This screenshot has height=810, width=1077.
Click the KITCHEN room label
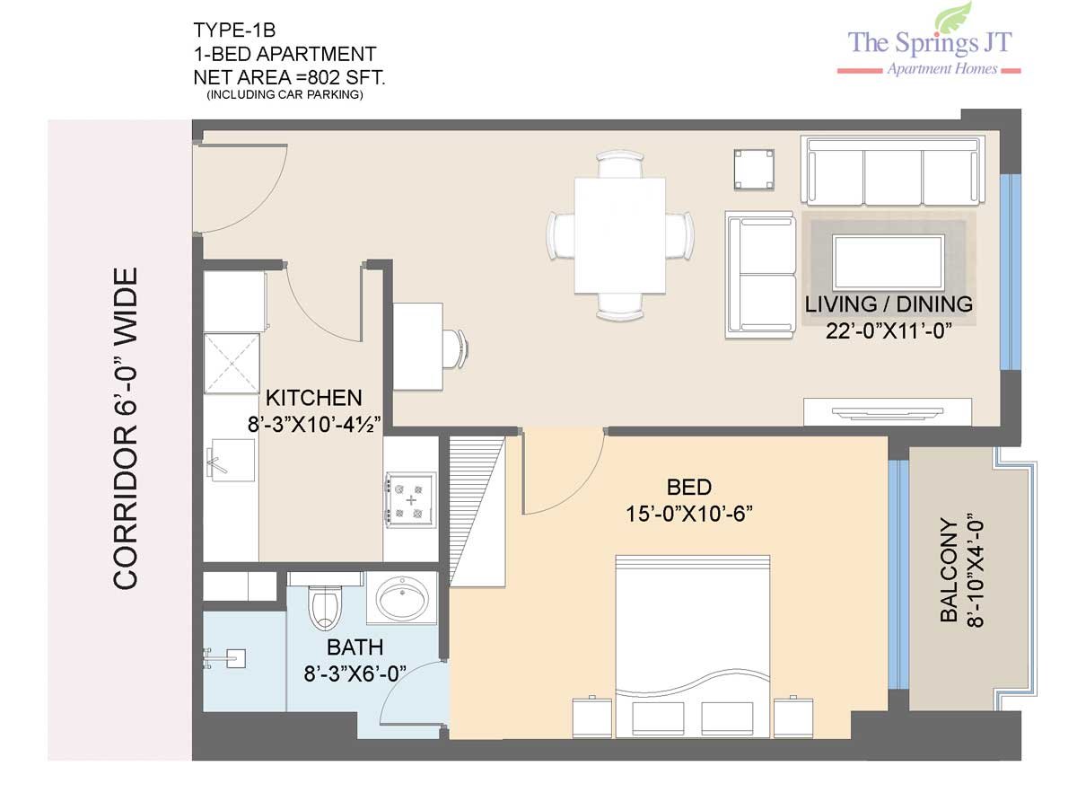313,398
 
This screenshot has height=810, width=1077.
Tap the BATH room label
355,647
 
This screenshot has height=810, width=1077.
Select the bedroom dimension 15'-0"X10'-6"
689,514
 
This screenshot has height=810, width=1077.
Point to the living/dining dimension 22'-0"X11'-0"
889,330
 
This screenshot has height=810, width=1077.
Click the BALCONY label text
949,569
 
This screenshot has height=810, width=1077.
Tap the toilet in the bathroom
324,607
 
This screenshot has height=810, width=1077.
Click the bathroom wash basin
402,598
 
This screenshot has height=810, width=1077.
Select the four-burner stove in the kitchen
410,500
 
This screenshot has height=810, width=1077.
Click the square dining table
619,236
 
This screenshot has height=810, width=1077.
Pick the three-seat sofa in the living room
892,171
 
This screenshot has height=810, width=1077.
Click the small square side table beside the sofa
754,170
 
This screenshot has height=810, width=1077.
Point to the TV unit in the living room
887,412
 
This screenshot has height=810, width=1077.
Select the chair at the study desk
456,348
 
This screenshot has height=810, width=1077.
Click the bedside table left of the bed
592,718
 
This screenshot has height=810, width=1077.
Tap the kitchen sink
230,460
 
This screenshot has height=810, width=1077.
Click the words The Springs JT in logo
930,43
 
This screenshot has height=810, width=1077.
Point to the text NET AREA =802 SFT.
290,77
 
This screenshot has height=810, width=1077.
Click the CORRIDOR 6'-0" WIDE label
125,428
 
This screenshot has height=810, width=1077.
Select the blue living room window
1010,272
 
